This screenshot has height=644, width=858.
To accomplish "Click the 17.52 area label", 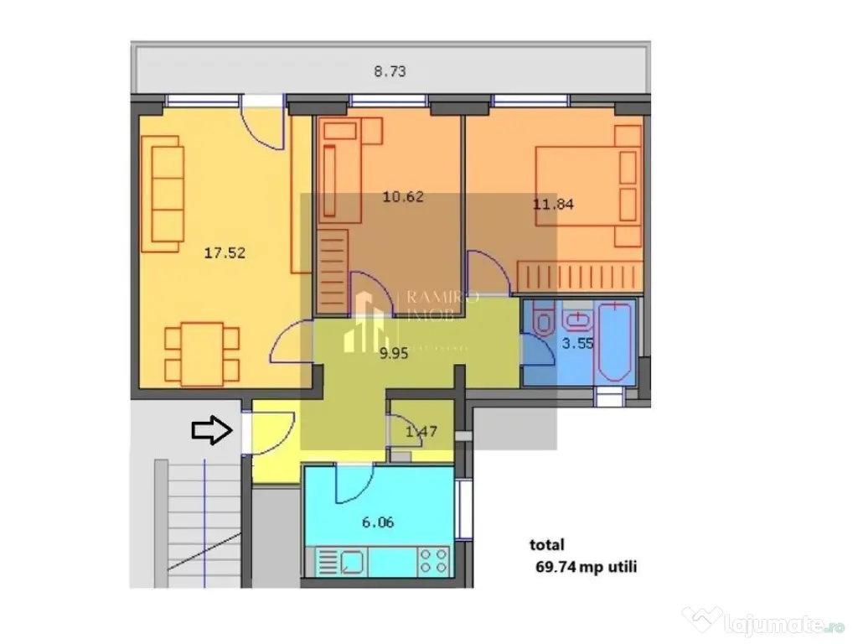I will click(225, 252).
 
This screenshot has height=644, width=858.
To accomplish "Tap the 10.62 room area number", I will click(403, 198).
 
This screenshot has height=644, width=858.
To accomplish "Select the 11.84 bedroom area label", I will click(553, 203).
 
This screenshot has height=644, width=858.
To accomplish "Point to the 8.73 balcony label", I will click(390, 72).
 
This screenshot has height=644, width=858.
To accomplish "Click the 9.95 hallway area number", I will click(393, 354).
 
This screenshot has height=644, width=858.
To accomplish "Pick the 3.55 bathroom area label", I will click(577, 343).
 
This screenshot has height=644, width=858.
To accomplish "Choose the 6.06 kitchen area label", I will click(377, 522).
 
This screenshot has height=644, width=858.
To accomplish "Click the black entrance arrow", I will click(210, 431).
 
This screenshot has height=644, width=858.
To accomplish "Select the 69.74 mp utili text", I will click(586, 567).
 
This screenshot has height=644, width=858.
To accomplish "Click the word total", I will click(546, 545).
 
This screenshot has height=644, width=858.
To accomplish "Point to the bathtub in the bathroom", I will click(615, 344).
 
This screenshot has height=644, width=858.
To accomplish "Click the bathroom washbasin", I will click(576, 319).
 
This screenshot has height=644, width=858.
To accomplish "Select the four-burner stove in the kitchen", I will click(432, 561).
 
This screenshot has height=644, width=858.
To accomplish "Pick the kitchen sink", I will click(349, 561).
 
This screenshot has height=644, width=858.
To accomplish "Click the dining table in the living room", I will click(202, 353).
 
